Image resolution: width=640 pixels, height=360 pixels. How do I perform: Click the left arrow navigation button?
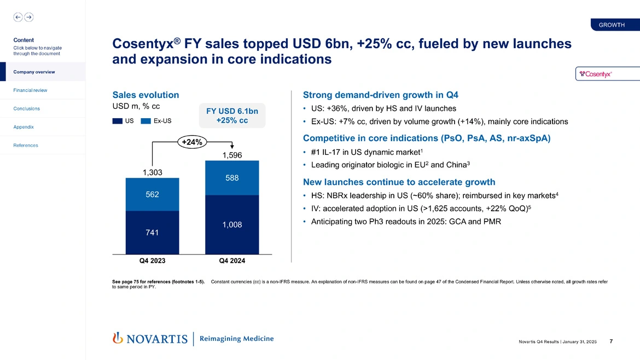[18, 17]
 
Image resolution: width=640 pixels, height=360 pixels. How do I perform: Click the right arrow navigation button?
[28, 17]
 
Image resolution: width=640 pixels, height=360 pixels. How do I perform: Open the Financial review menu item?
[31, 90]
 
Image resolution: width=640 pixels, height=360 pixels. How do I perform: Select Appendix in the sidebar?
[24, 127]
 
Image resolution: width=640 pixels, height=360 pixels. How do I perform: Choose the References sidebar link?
[26, 146]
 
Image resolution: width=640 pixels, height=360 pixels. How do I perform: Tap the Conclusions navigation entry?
[27, 108]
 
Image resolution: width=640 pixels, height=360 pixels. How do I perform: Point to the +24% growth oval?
[191, 142]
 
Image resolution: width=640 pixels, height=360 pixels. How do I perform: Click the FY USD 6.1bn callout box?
[232, 115]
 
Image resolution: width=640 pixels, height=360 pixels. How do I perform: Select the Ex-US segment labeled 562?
[152, 195]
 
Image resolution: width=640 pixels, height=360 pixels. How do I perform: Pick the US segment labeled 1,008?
[232, 225]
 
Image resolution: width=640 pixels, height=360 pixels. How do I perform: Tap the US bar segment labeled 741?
[152, 233]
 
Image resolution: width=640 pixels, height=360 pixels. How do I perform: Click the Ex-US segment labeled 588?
[232, 178]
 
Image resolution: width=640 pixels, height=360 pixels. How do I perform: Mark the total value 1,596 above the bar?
[232, 155]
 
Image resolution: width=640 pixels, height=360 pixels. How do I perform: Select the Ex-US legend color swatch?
[146, 121]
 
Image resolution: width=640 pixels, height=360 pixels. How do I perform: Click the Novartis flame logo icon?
[117, 338]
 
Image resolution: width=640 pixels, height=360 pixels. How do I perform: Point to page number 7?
[611, 342]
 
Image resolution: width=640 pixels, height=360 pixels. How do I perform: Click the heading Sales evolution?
[146, 94]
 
